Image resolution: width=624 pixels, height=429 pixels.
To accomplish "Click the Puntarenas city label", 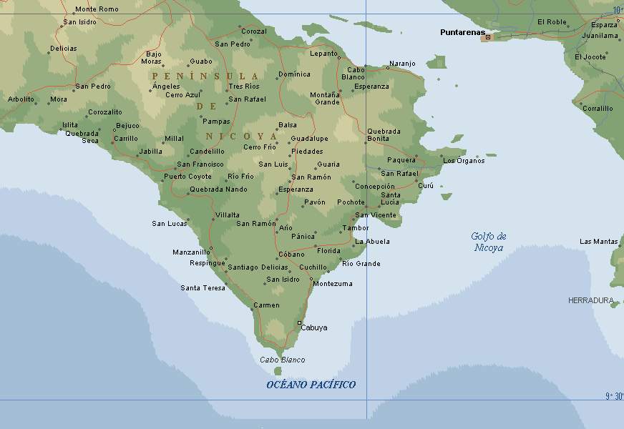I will coord(462,32).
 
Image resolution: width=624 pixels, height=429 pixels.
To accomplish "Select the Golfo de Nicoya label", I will coord(489,242).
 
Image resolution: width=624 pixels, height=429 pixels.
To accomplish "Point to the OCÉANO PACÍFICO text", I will coord(311,385).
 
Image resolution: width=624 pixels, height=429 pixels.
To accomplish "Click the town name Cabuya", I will coord(314,327).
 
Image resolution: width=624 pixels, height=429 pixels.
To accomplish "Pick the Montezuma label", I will coord(333,284).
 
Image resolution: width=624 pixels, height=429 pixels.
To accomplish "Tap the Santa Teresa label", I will coord(203,288).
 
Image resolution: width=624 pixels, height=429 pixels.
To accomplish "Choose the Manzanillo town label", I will coord(191,252).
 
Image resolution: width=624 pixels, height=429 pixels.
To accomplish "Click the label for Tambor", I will coord(356,228).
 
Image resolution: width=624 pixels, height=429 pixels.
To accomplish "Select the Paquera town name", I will coord(401,160).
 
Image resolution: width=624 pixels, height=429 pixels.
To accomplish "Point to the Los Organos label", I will coord(464,161).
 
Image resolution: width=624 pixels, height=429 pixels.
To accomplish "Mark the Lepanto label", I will coord(323,54).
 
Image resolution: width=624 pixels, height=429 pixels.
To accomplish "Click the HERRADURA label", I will coord(590,300).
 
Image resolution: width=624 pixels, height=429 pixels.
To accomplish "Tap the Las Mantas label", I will coord(598,242).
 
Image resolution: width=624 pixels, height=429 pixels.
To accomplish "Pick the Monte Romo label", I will coord(97,9).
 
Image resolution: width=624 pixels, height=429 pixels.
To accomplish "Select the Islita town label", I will coord(69,125).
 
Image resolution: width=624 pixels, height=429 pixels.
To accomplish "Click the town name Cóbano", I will coord(291,254).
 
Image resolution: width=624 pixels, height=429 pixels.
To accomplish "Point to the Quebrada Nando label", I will coord(218,189).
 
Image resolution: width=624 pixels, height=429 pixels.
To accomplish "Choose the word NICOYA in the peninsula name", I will coord(241,136).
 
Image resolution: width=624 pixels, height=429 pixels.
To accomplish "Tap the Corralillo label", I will coord(597,109).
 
